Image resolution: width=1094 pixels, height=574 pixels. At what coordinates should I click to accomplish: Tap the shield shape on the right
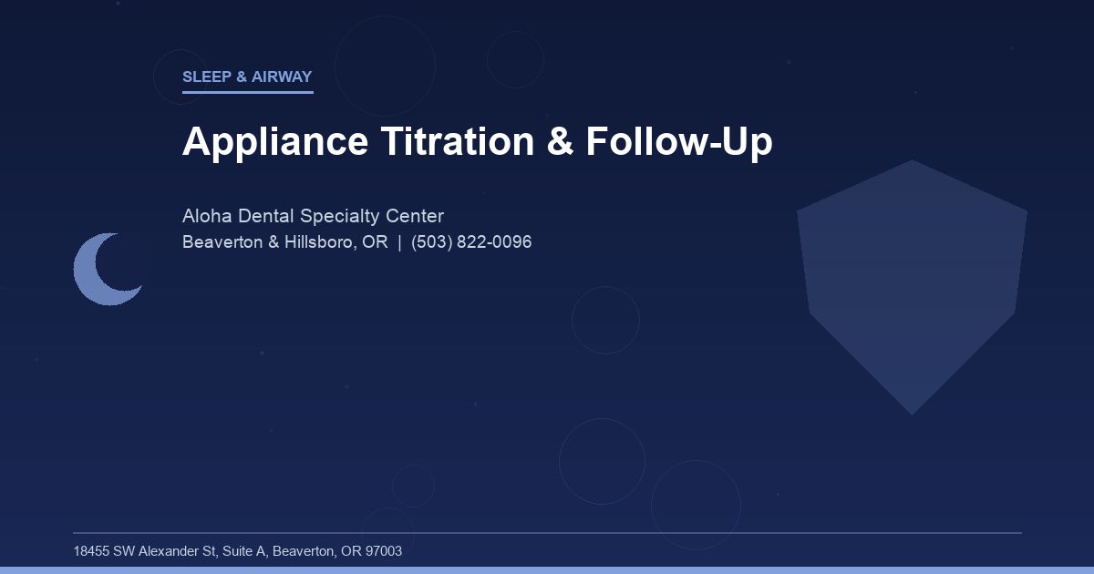point(912,282)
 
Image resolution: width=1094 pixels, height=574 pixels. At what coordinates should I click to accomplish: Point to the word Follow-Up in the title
point(679,142)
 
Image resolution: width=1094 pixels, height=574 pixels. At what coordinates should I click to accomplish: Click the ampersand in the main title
point(562,142)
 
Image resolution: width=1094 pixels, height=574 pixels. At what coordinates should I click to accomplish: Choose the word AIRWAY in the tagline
point(282,77)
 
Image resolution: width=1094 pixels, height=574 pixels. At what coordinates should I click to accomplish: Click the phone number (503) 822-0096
point(471,242)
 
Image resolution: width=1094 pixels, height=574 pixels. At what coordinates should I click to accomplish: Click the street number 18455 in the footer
point(91,551)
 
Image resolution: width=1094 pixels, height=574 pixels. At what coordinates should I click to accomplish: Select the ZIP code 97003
point(384,551)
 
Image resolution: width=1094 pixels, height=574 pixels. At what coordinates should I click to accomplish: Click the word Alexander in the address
point(170,551)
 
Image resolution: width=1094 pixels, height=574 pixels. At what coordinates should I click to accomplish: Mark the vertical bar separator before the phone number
point(399,242)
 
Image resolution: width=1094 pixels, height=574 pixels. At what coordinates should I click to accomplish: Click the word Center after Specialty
point(415,217)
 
